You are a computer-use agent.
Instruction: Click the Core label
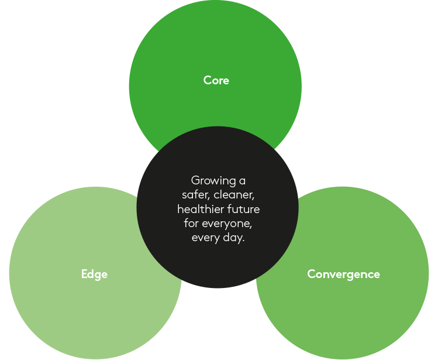[x=216, y=80]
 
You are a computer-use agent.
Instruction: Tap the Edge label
[x=94, y=274]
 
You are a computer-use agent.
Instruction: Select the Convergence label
[x=343, y=274]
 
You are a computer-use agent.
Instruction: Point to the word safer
[x=195, y=195]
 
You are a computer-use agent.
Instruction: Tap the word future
[x=244, y=209]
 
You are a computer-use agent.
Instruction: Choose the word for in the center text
[x=191, y=224]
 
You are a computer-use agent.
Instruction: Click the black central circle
[x=218, y=263]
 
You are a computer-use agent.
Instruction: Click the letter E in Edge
[x=84, y=274]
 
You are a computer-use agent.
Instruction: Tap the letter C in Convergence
[x=311, y=274]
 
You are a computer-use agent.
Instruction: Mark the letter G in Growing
[x=195, y=180]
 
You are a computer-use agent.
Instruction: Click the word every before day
[x=205, y=238]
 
